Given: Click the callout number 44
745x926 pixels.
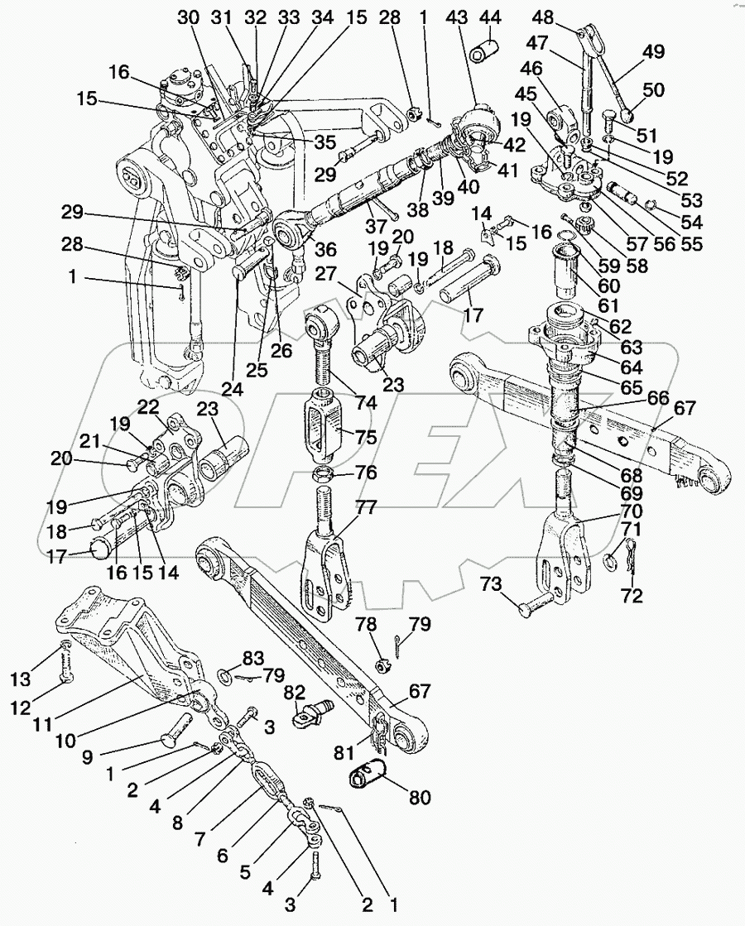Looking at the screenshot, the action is tap(490, 17).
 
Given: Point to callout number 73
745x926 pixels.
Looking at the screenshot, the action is tap(491, 585).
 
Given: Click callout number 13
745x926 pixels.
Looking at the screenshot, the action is tap(20, 679).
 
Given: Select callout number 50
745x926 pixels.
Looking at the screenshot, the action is tap(652, 90).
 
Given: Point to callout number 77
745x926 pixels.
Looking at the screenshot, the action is tap(366, 507).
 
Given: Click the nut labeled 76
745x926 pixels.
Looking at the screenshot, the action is tap(322, 474).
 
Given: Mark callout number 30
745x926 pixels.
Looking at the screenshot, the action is tap(189, 17).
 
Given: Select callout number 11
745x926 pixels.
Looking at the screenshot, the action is tap(42, 724).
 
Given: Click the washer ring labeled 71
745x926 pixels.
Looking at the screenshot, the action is tap(610, 560).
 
